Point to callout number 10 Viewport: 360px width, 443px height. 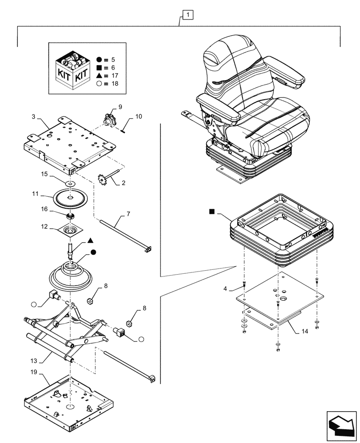point(138,117)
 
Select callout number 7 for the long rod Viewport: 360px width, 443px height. point(128,214)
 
